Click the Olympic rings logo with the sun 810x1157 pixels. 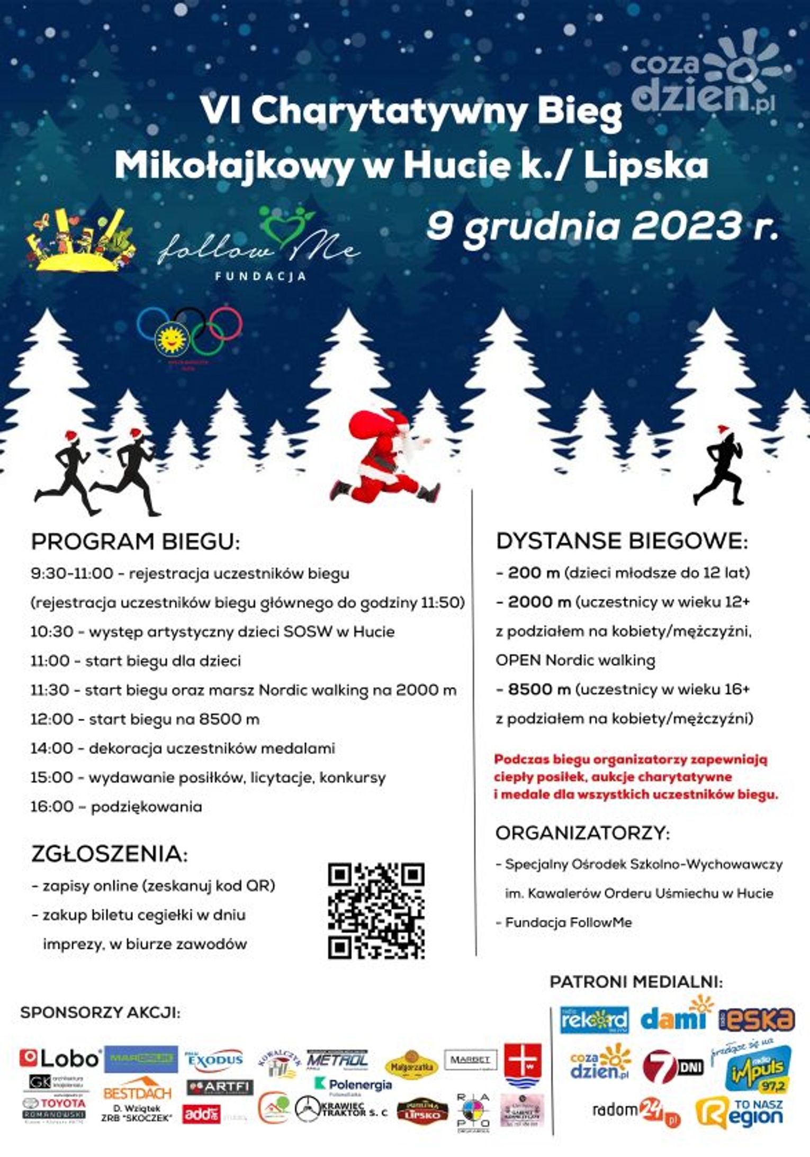point(189,331)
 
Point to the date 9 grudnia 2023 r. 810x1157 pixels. point(602,226)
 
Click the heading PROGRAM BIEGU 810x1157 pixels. point(136,542)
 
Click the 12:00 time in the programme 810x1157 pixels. point(52,719)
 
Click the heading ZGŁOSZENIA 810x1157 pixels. point(110,854)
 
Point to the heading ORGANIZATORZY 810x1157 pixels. point(583,833)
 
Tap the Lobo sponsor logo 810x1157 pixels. point(60,1058)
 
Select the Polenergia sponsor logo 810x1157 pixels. point(354,1085)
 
